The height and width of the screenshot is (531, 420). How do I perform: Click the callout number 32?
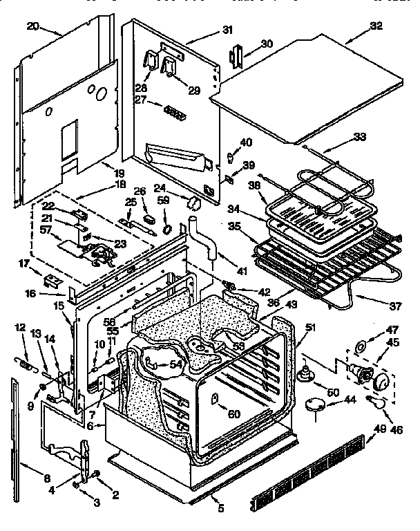click(376, 26)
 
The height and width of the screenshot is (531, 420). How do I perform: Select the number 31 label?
click(228, 30)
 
